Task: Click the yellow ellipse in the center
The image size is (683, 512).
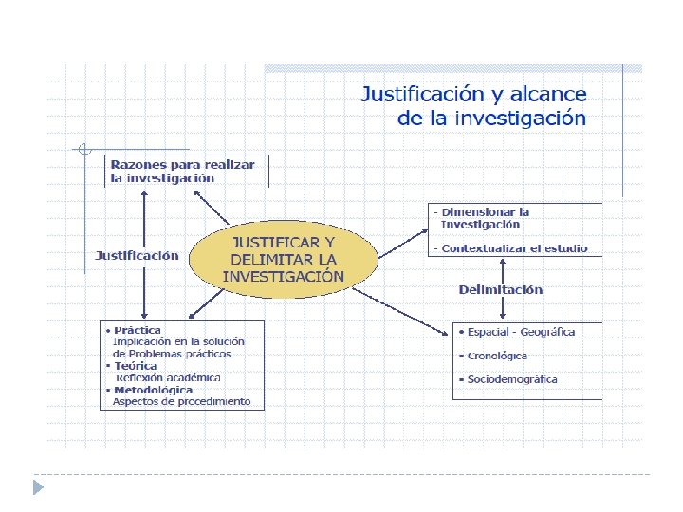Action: click(283, 259)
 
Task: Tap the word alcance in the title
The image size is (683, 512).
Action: click(547, 95)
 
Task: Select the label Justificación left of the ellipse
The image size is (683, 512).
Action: click(137, 255)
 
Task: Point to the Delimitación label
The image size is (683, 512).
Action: click(501, 289)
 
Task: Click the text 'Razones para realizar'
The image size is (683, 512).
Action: click(182, 164)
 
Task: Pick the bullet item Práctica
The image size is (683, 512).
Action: click(137, 330)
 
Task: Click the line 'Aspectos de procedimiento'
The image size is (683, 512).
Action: click(181, 401)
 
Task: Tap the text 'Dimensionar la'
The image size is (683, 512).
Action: click(485, 212)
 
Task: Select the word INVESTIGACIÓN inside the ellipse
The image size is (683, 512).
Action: click(283, 277)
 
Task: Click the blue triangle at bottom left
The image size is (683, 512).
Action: click(38, 487)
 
